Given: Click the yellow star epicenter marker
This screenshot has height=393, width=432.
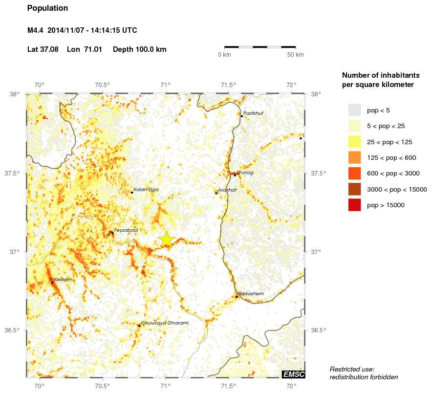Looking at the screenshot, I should [x=166, y=239].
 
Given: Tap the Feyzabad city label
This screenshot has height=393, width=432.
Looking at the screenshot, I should [x=126, y=230].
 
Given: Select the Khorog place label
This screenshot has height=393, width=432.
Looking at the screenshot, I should [x=245, y=173].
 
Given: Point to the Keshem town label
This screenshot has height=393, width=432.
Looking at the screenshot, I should [x=63, y=280].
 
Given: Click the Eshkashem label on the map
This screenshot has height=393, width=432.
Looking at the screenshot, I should [x=251, y=294].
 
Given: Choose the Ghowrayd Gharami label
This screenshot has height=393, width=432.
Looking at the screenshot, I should [x=164, y=323].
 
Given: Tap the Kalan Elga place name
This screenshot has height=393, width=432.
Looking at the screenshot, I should [x=146, y=190].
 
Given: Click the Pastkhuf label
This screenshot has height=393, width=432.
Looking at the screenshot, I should [x=253, y=113].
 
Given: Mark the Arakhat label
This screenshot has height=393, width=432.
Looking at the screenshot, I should [x=227, y=190].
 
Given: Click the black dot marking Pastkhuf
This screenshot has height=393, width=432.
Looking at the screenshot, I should [x=241, y=116].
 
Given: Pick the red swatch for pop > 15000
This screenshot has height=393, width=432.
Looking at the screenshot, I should [x=354, y=205].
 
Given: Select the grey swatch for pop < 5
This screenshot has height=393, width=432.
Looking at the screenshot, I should [x=354, y=110].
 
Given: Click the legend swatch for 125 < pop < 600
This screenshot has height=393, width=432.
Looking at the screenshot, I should [x=354, y=157].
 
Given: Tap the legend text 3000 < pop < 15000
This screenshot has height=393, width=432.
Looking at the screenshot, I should [x=397, y=190].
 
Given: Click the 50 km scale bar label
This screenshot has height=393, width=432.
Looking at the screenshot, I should [x=295, y=55].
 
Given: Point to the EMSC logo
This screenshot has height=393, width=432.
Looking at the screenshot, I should [x=293, y=374].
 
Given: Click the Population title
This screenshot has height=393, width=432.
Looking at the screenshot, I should [x=47, y=8].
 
